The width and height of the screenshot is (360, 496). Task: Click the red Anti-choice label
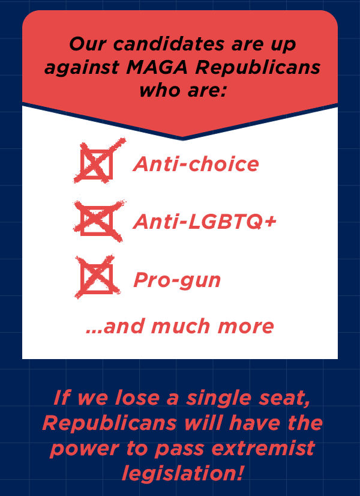[196, 164]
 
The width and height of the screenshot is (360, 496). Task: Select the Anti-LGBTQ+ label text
[205, 221]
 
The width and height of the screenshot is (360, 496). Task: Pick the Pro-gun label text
[177, 280]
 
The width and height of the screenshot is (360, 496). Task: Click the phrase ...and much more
[180, 327]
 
